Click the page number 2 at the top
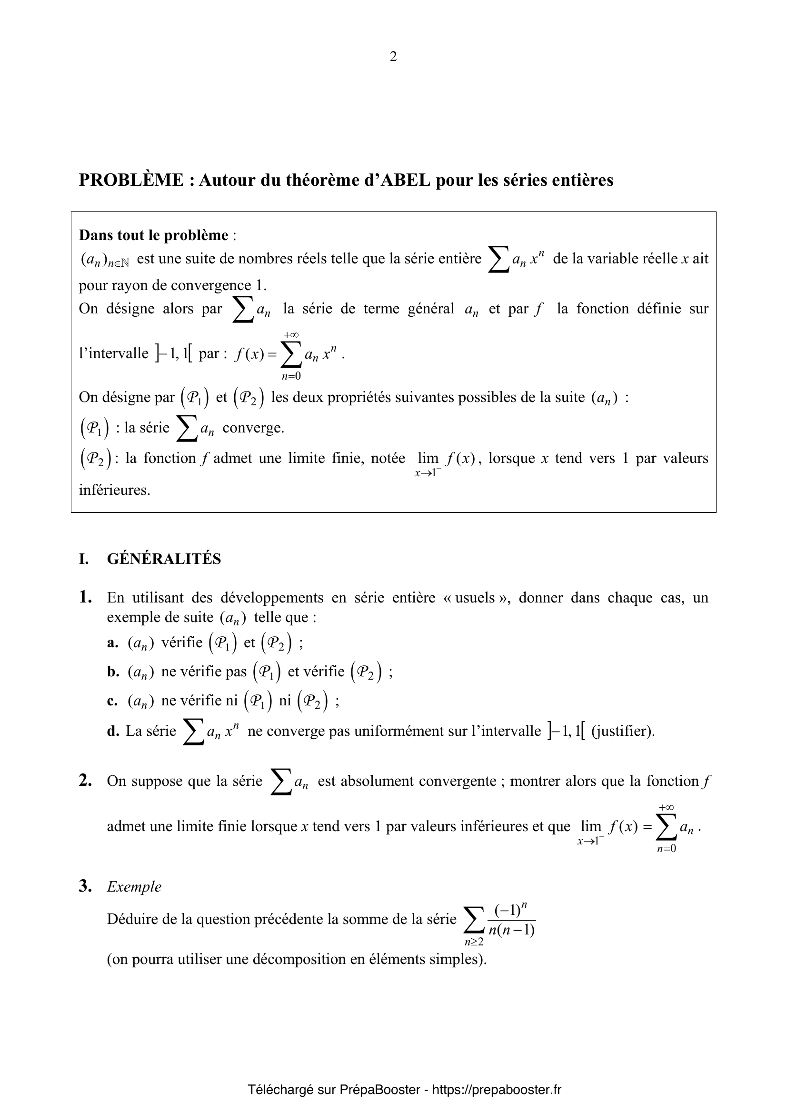coord(393,57)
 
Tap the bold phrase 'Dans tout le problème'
coord(153,235)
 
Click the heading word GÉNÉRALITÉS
coord(164,559)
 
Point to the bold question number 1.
coord(85,597)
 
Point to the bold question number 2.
coord(85,781)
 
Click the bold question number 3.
coord(85,886)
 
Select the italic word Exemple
coord(134,887)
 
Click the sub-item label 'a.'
coord(112,643)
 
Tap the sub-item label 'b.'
coord(113,672)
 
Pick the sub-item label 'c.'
coord(112,701)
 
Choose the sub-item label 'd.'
coord(113,731)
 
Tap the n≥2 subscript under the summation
coord(474,942)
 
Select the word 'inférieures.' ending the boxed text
coord(114,490)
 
